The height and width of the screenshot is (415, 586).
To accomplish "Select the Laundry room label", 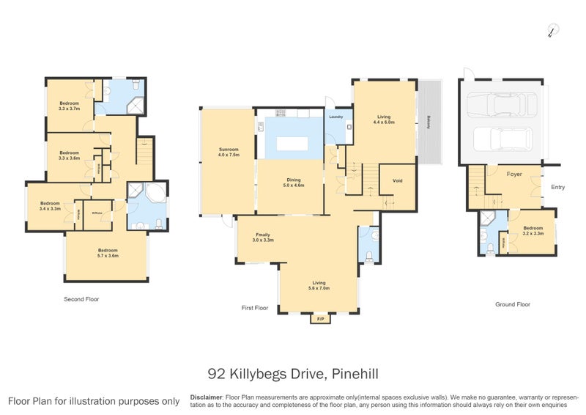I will click(x=336, y=117).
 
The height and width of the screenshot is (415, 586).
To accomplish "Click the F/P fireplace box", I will click(x=320, y=320).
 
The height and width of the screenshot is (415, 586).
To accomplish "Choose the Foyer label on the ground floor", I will click(x=514, y=175).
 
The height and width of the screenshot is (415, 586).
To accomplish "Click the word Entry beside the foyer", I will click(x=558, y=187).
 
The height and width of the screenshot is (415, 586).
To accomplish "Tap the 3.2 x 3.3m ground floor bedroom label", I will click(x=533, y=230).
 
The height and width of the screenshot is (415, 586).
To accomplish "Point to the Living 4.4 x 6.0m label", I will click(x=385, y=119).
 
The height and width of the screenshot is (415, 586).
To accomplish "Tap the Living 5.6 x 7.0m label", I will click(x=319, y=285).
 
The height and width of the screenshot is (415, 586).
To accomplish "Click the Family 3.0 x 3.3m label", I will click(x=262, y=238).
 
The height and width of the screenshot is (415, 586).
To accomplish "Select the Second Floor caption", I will click(x=81, y=299).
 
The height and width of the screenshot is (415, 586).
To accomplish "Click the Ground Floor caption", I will click(x=512, y=304).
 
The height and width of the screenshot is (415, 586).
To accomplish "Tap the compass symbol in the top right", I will click(x=554, y=29).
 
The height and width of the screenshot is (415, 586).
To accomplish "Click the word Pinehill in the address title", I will click(x=355, y=375).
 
